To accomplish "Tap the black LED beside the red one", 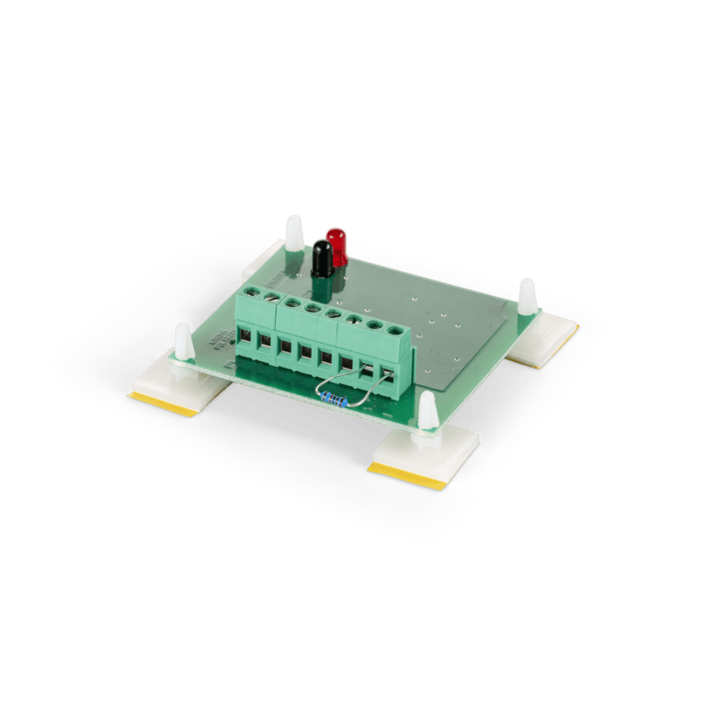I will pos(322,257).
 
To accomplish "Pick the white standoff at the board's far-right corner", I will pos(527,296).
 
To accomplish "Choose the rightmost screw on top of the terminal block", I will pos(395,329).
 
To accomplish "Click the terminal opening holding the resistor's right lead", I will pos(387,375).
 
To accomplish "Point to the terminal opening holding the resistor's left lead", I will pos(366,370).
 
